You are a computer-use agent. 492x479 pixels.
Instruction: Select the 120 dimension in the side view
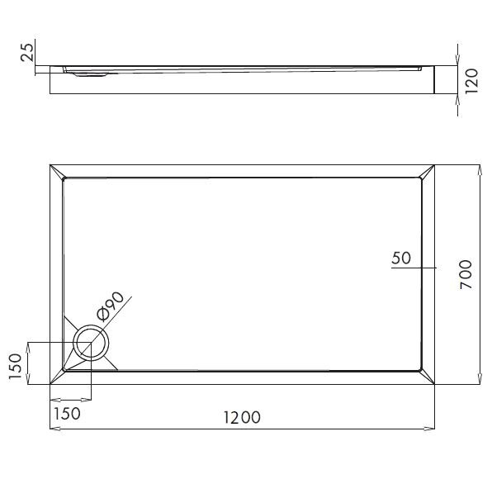tap(471, 81)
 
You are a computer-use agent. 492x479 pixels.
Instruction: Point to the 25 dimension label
tap(26, 53)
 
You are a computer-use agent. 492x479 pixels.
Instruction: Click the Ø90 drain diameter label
tap(110, 306)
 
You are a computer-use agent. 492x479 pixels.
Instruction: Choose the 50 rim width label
tap(401, 258)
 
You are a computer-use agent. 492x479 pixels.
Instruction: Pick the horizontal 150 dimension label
tap(67, 413)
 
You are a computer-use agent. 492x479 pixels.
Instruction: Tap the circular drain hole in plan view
tap(91, 343)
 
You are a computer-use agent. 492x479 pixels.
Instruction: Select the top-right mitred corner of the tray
tap(428, 170)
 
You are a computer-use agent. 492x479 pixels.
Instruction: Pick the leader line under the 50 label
tap(413, 268)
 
